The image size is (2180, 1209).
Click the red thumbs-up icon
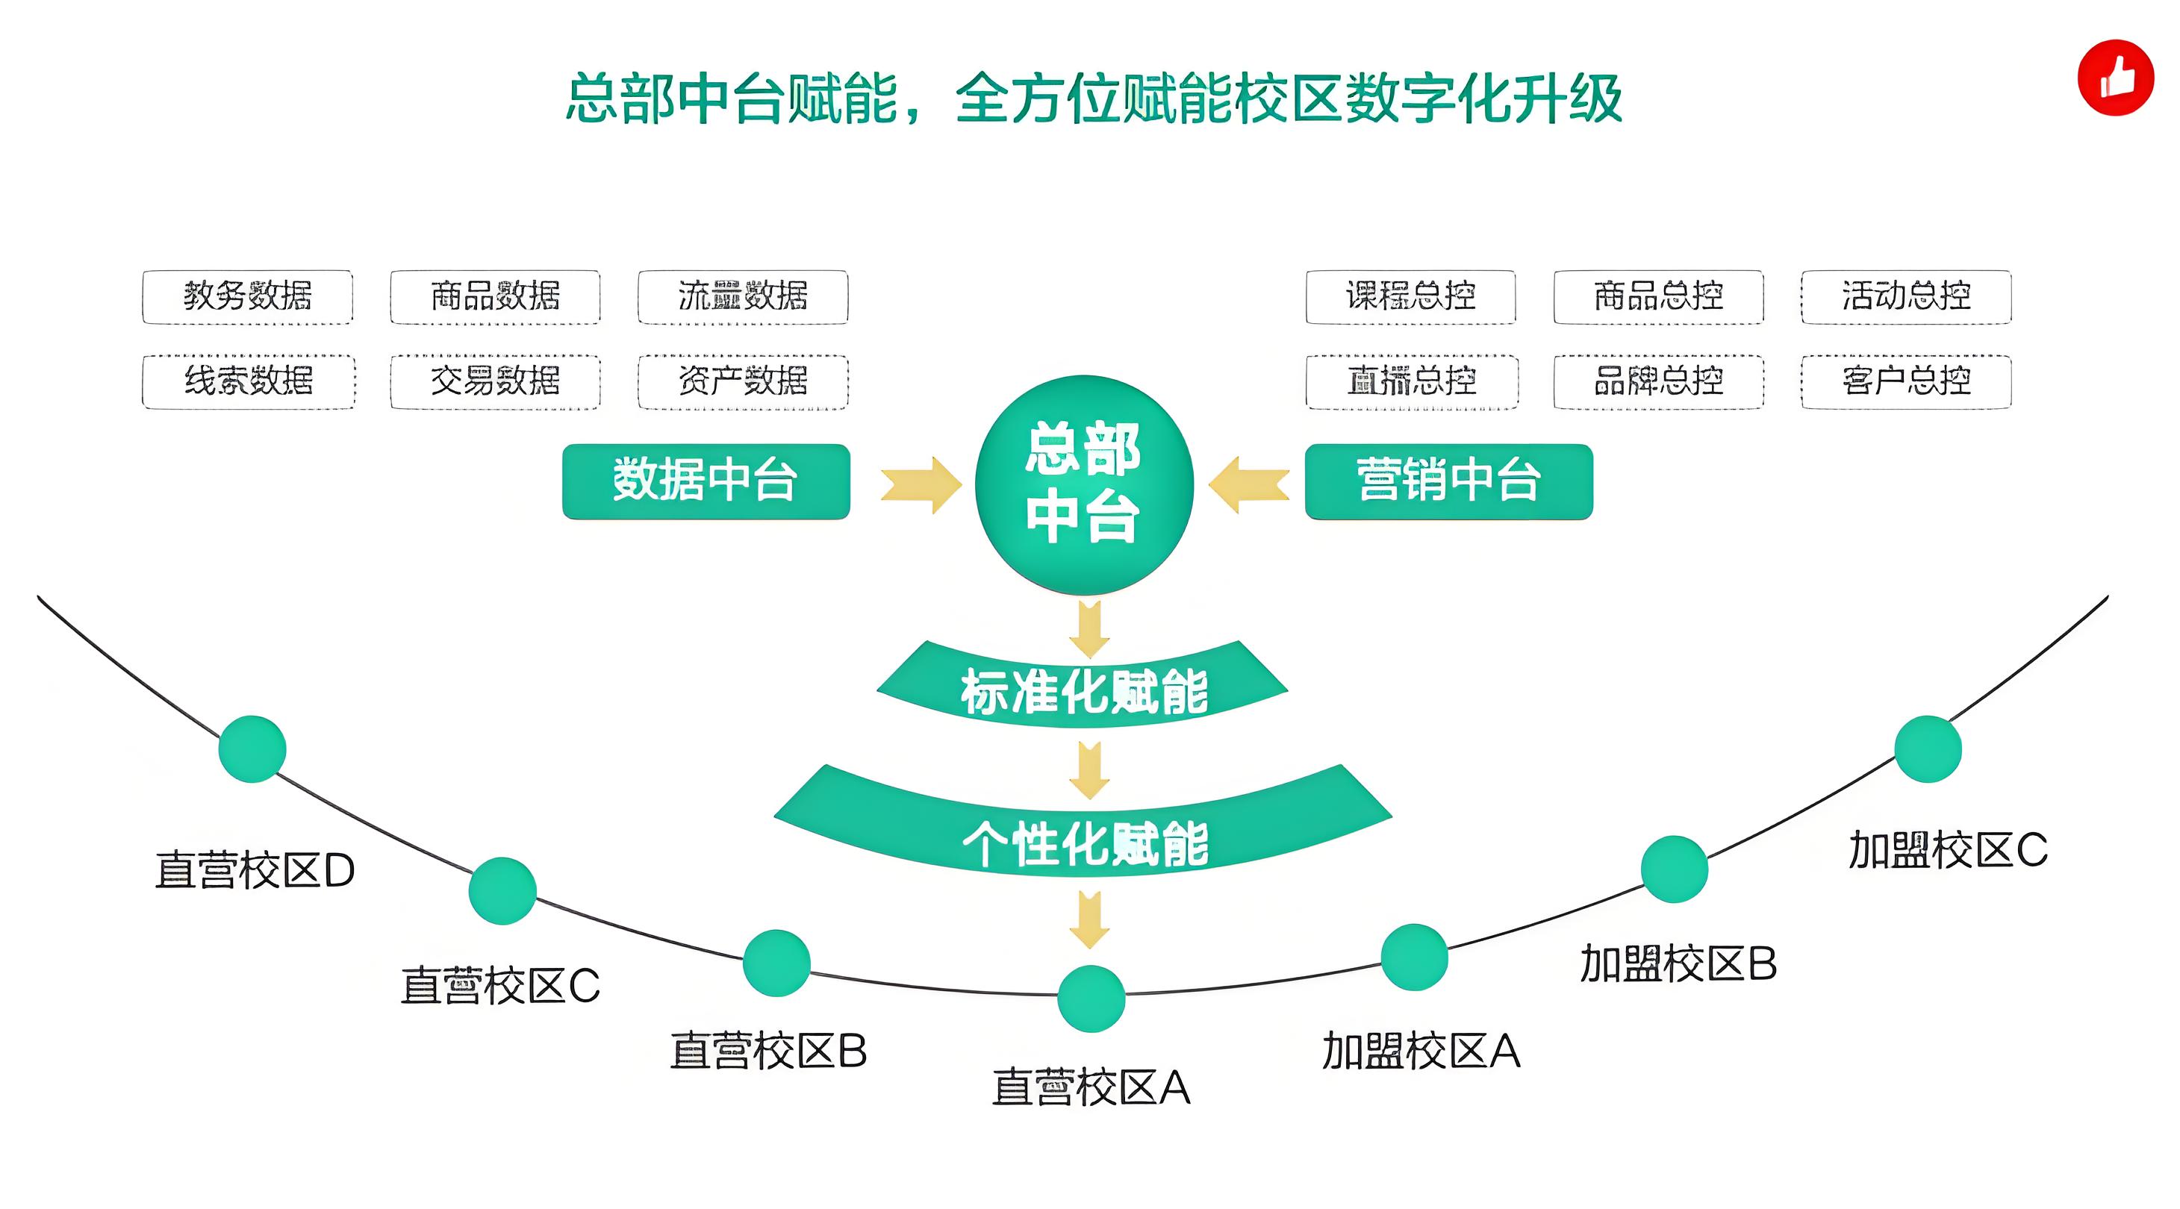click(2115, 77)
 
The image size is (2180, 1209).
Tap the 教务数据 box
click(247, 296)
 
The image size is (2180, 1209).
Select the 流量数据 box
click(742, 296)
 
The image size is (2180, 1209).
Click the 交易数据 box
click(495, 381)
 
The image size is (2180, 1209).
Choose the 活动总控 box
click(1906, 296)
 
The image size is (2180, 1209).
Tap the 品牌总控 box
click(1658, 381)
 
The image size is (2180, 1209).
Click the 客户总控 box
click(1906, 381)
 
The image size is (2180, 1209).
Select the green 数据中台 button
click(706, 481)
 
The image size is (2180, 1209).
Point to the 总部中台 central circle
click(1084, 484)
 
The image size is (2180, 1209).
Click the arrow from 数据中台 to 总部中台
click(921, 485)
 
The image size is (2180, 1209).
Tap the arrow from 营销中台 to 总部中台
click(1249, 485)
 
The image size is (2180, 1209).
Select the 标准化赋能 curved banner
click(1083, 690)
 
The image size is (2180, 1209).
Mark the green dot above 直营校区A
click(1091, 999)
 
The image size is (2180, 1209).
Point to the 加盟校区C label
click(1947, 850)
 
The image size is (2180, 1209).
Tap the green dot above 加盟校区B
click(1674, 869)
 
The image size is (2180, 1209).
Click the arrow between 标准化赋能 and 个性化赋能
click(1090, 770)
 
